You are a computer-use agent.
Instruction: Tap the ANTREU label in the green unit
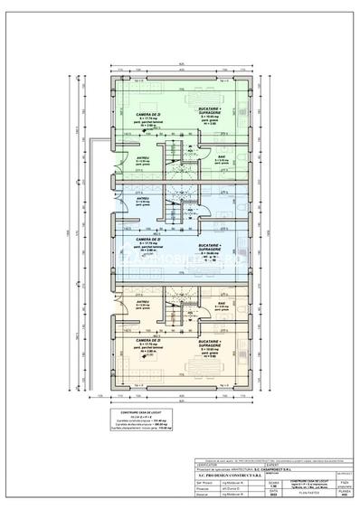[x=143, y=159]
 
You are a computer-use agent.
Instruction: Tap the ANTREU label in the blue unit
[x=143, y=200]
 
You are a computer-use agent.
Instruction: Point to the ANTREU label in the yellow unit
[x=143, y=289]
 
